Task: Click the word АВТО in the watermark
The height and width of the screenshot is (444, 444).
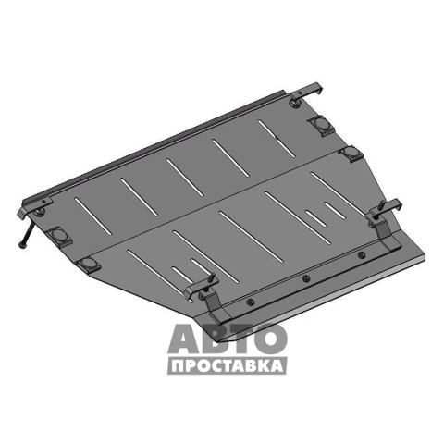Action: pyautogui.click(x=228, y=338)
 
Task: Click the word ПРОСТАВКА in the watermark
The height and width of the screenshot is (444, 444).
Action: pyautogui.click(x=228, y=366)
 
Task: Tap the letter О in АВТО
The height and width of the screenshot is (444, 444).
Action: pyautogui.click(x=272, y=338)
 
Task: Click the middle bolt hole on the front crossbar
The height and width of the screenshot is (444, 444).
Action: pyautogui.click(x=305, y=278)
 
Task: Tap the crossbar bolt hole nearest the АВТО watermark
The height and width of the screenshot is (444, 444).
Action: pyautogui.click(x=251, y=302)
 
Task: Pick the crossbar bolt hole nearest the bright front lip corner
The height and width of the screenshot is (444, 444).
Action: pyautogui.click(x=361, y=254)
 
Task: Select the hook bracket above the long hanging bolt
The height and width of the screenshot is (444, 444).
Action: pyautogui.click(x=34, y=206)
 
